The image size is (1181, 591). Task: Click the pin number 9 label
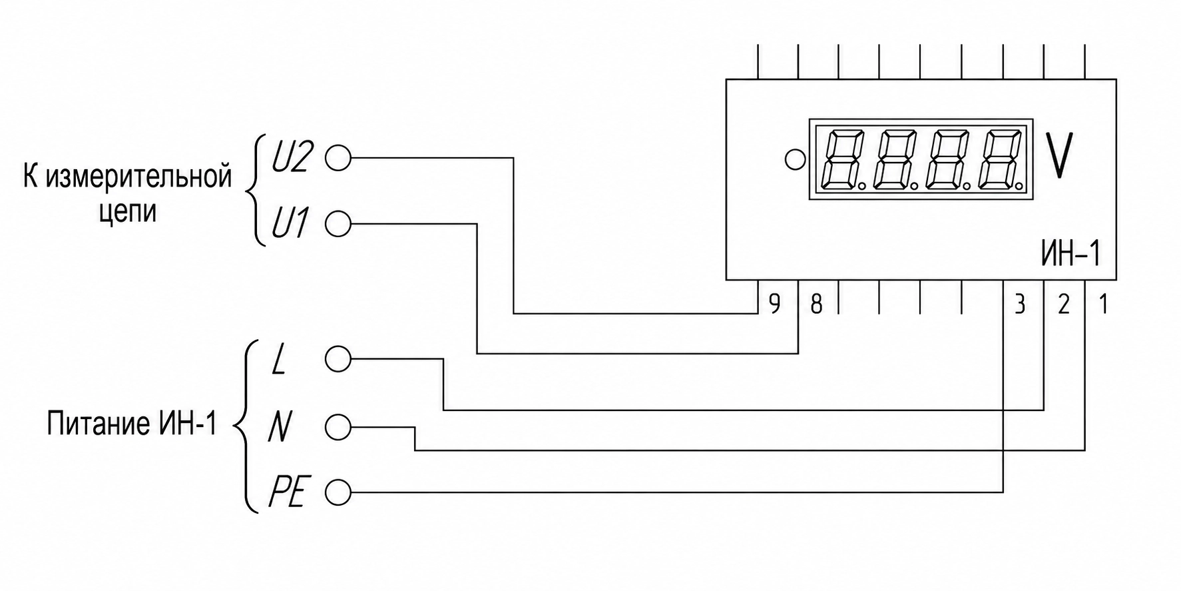pos(774,304)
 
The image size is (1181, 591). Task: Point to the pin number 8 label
pos(816,304)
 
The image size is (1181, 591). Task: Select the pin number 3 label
pos(1019,304)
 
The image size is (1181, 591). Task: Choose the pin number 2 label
pos(1063,304)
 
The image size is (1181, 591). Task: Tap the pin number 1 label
pos(1103,304)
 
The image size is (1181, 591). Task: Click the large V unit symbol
pos(1059,155)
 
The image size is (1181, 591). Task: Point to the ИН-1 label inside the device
pos(1070,254)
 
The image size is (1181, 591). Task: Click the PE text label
pos(287,494)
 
